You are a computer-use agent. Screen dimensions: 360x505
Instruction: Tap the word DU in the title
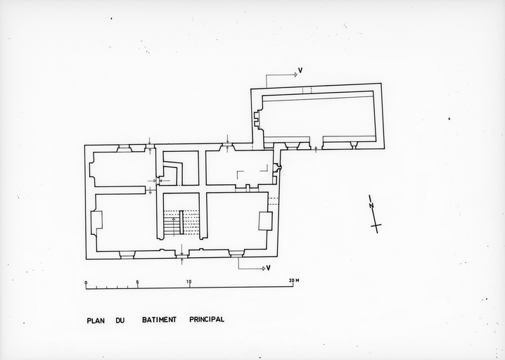(120, 320)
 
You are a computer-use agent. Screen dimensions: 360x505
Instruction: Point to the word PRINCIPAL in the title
(206, 319)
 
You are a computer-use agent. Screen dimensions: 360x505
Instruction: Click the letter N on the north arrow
(373, 206)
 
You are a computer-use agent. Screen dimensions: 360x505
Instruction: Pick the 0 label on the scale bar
(86, 282)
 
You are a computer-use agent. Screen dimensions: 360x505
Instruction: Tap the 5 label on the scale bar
(137, 282)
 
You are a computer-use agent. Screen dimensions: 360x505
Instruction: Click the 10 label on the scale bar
(188, 282)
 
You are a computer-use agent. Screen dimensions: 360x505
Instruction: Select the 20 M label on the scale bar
(293, 281)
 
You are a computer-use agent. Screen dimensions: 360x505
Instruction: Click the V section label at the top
(300, 70)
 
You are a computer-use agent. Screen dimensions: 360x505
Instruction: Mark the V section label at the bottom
(268, 268)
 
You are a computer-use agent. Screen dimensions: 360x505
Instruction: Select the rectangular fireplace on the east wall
(265, 221)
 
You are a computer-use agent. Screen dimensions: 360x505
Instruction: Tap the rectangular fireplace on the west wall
(97, 220)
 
